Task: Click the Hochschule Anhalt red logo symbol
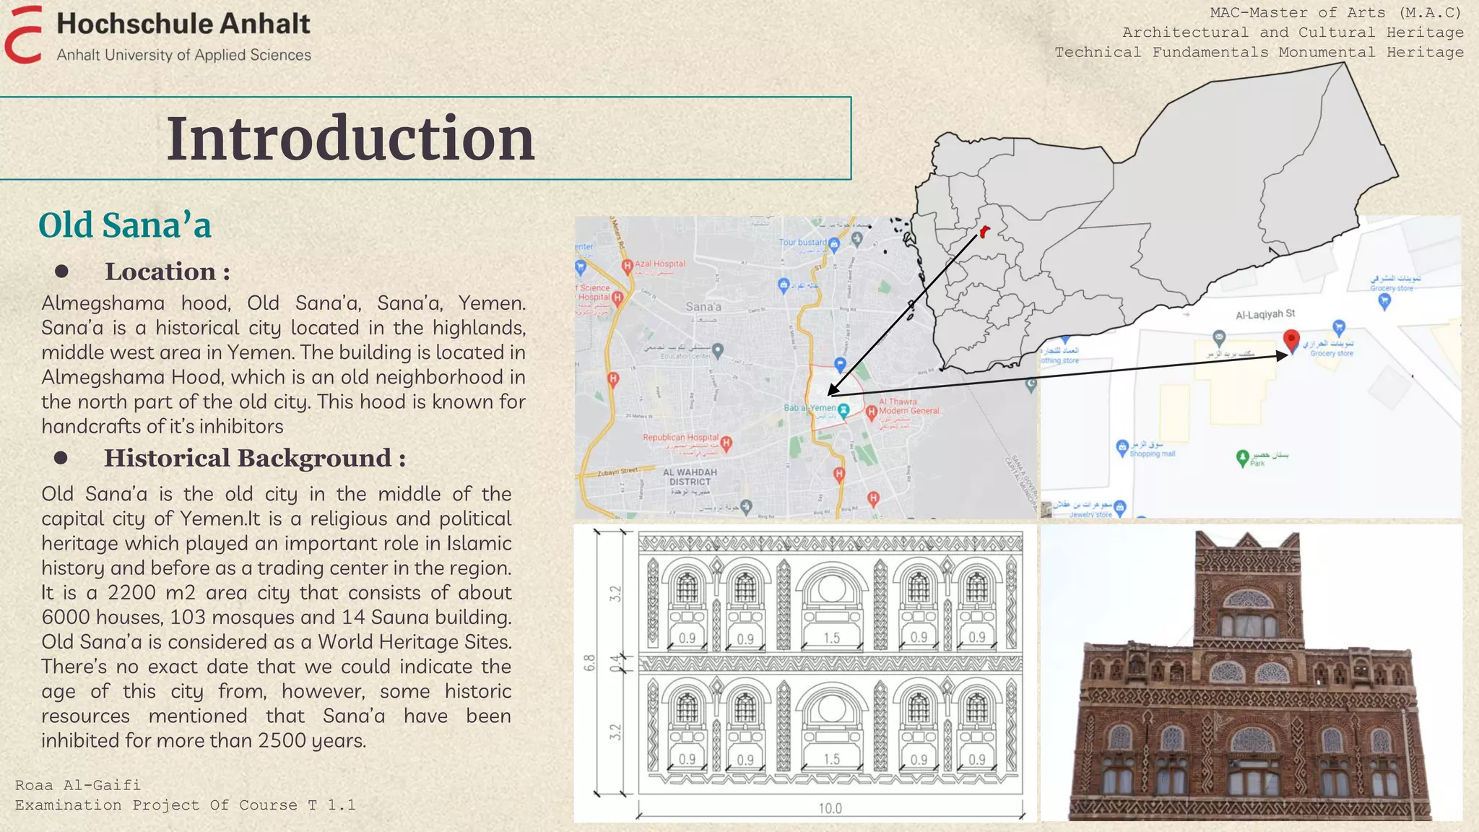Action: (23, 35)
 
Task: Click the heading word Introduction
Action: (351, 138)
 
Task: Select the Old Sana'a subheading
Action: (125, 225)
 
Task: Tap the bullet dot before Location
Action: (61, 272)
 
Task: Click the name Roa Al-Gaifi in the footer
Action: (78, 785)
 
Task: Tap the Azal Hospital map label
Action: (659, 264)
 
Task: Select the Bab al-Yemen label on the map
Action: (810, 408)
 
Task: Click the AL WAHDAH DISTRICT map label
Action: (690, 477)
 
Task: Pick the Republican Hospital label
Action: (680, 438)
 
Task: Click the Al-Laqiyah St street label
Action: (1265, 314)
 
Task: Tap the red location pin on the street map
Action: (1291, 339)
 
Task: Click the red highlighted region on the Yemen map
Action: (984, 232)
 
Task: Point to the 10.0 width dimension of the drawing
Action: (830, 808)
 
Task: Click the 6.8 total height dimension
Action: (590, 662)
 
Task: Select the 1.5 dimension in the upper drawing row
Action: (831, 638)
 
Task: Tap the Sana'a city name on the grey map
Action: (703, 307)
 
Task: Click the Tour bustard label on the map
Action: (802, 242)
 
